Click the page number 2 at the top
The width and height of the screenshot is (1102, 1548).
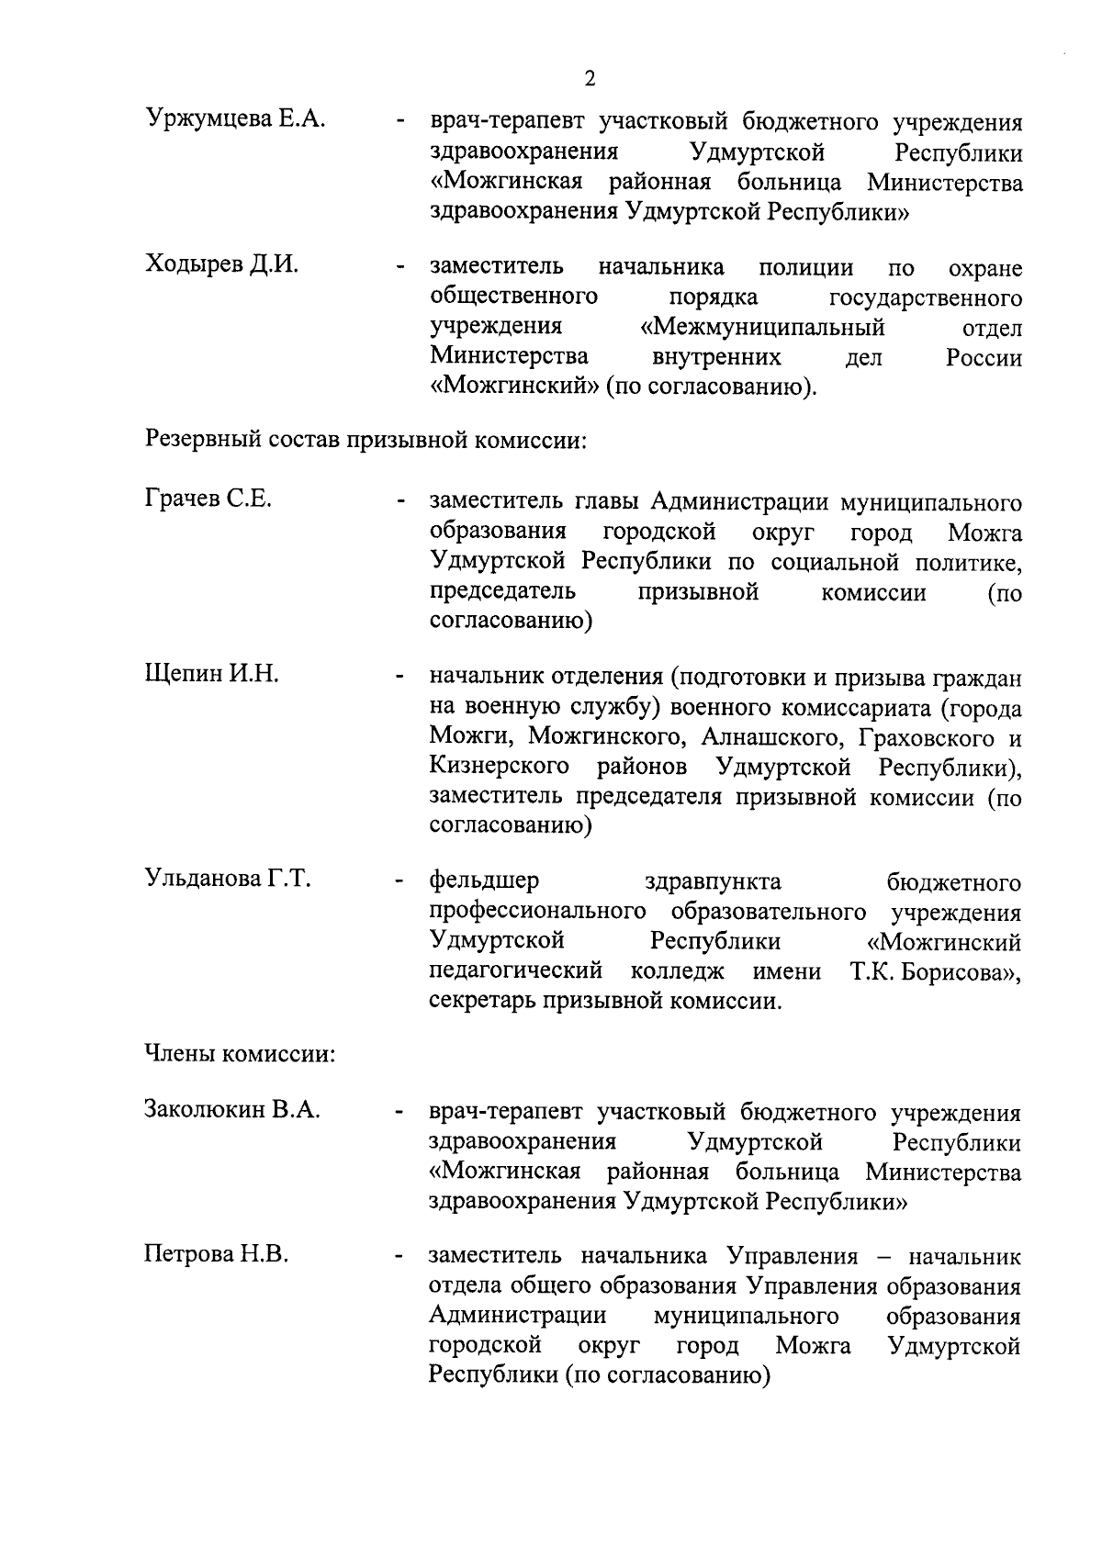click(590, 79)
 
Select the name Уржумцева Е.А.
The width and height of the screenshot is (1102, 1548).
click(236, 119)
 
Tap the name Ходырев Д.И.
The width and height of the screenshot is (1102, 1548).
click(222, 265)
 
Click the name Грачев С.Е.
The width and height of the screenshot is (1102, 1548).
click(208, 500)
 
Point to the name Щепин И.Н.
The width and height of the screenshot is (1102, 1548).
click(212, 675)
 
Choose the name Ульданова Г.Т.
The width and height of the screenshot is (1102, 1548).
click(229, 880)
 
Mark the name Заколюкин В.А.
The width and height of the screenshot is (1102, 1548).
click(232, 1110)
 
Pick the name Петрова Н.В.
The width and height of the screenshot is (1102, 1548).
click(217, 1254)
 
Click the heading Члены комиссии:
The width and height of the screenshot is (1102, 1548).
click(240, 1054)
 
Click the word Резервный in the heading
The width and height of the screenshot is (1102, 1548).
click(202, 441)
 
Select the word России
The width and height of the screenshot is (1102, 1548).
click(984, 358)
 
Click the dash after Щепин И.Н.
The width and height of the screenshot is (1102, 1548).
click(399, 679)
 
